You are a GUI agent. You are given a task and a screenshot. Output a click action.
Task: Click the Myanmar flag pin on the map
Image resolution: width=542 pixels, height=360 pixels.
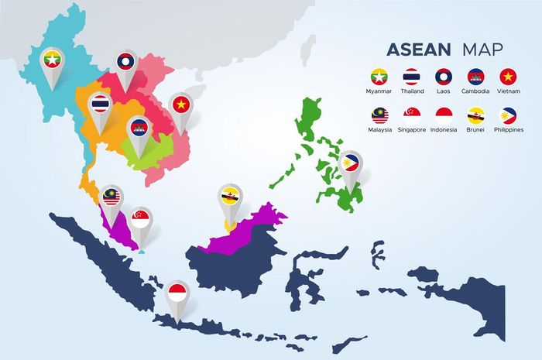[x=52, y=58]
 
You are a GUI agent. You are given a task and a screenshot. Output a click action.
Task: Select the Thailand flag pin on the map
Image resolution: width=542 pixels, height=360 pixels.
[x=101, y=103]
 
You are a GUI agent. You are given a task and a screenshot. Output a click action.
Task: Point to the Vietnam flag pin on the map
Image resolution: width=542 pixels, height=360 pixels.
[x=181, y=104]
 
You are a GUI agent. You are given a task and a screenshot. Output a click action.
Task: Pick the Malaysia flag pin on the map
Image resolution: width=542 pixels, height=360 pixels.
[x=111, y=196]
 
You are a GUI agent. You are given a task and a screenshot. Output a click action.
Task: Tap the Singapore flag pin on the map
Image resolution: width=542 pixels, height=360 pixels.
[x=141, y=218]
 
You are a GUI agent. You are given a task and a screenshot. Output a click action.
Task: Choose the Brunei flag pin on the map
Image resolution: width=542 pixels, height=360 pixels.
[x=228, y=194]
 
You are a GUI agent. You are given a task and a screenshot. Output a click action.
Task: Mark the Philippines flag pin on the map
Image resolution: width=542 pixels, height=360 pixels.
[x=351, y=163]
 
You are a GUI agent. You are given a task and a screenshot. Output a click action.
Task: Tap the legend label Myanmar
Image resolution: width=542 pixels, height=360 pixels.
[x=379, y=91]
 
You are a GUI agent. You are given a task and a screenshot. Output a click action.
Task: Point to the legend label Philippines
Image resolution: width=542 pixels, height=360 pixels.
[x=509, y=130]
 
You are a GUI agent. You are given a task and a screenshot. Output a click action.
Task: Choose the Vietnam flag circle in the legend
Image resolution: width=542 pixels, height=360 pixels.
[x=508, y=76]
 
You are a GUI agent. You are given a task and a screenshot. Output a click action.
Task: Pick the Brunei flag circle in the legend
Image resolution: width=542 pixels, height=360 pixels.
[x=476, y=115]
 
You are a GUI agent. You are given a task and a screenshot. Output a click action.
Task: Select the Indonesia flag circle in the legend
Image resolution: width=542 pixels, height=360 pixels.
[x=444, y=115]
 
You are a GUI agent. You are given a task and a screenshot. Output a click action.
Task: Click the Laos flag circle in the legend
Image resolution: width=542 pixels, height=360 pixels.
[x=443, y=76]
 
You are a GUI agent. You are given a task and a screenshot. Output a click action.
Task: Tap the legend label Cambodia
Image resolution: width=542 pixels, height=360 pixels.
[x=476, y=91]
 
